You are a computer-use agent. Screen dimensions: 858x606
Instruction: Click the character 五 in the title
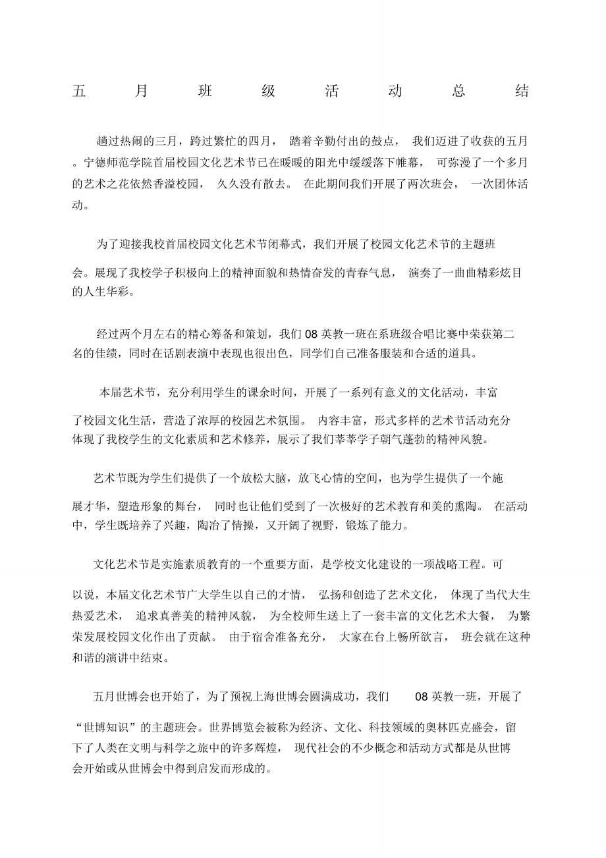pyautogui.click(x=79, y=92)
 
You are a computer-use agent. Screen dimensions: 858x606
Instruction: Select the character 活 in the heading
pyautogui.click(x=331, y=92)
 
